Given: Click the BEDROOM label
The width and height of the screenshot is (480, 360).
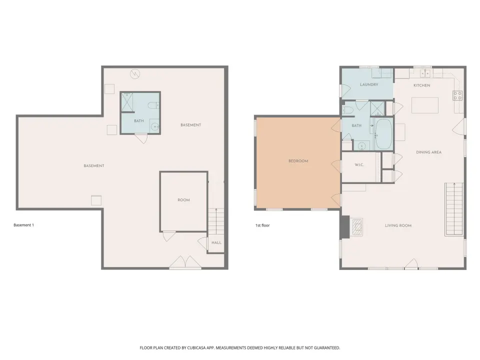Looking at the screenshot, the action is tap(298, 161).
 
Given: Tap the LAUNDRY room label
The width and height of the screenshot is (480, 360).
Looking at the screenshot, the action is tap(369, 84).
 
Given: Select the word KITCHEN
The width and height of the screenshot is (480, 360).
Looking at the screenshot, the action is tap(422, 85).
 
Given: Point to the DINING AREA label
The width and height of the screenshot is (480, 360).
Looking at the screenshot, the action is tap(428, 152).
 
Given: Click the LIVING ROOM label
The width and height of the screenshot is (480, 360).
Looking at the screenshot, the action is tap(398, 225).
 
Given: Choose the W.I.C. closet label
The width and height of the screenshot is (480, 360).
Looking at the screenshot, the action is tap(359, 165).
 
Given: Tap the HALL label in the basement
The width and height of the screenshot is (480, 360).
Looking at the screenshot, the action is tap(216, 243).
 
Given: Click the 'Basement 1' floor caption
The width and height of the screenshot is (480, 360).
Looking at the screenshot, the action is tap(24, 225).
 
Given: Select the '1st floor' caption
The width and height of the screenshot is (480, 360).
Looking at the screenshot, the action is tap(262, 225).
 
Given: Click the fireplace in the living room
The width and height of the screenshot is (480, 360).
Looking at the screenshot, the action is tap(356, 227).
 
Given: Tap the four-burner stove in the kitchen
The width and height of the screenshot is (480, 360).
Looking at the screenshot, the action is tap(457, 95).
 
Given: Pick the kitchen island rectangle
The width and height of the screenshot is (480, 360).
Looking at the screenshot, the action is tap(425, 105).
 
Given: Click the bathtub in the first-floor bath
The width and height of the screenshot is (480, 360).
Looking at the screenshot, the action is tap(383, 134).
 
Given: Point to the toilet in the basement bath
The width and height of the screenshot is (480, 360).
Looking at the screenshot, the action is tap(153, 105).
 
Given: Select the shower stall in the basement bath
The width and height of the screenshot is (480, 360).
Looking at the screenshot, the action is tap(127, 102).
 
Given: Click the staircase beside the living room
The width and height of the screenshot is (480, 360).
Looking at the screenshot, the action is tap(454, 209).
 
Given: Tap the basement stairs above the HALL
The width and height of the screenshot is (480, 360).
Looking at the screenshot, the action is tap(216, 221).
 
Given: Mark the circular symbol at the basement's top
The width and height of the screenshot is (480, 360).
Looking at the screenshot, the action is tap(135, 74).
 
